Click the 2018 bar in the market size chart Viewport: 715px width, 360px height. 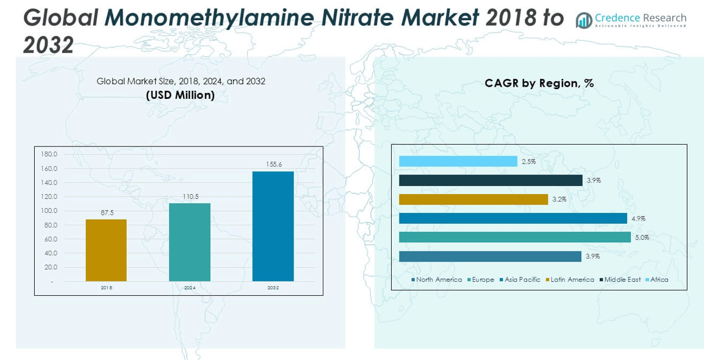tap(106, 250)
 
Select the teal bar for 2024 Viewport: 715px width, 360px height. tap(190, 242)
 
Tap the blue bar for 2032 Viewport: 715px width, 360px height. tap(273, 226)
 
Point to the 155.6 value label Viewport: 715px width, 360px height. tap(273, 164)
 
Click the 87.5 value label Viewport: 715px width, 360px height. tap(107, 212)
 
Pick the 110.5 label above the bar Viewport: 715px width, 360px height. tap(190, 196)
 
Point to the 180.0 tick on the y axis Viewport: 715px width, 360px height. tap(49, 154)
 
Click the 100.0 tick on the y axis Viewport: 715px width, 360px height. tap(49, 211)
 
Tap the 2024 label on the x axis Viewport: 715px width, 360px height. tap(190, 287)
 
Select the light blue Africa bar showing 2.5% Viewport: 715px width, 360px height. tap(458, 161)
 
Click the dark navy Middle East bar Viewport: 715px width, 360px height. tap(490, 180)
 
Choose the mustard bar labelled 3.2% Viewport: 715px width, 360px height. tap(473, 199)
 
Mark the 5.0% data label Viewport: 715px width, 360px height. tap(642, 237)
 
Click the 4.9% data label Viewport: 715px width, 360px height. tap(638, 218)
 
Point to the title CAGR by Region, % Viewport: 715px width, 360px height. tap(539, 83)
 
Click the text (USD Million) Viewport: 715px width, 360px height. tap(181, 95)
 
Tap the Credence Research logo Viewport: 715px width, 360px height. tap(631, 20)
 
